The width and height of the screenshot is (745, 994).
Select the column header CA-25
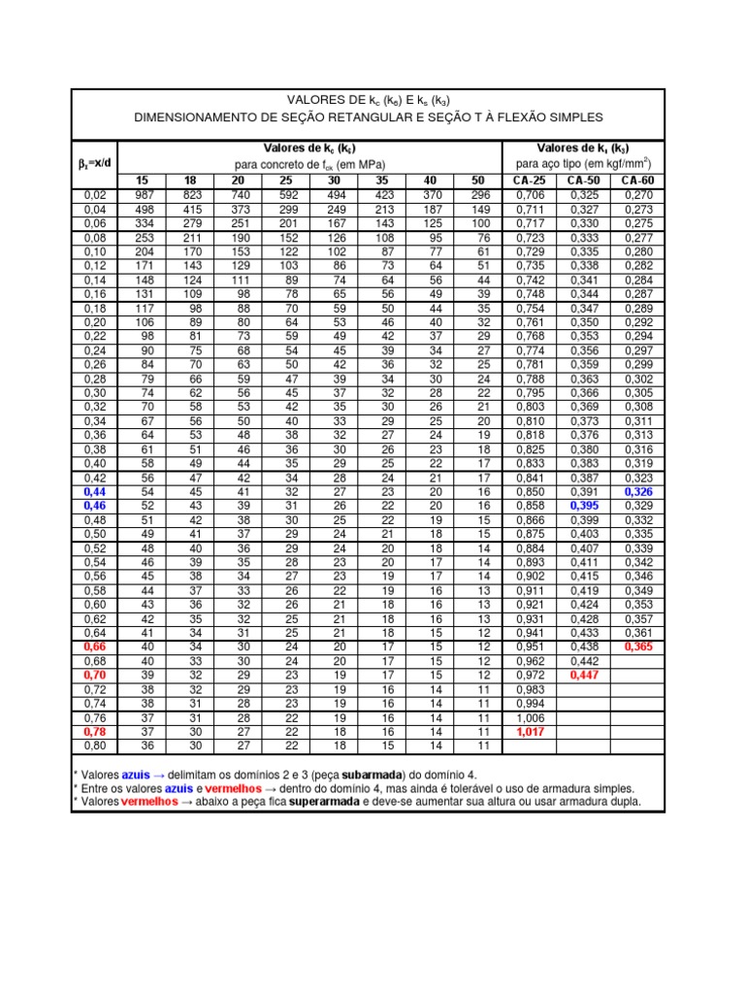coord(529,181)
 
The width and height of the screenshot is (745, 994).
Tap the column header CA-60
coord(637,181)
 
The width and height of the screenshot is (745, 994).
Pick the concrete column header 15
coord(142,181)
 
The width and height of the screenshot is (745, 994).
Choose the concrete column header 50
coord(477,181)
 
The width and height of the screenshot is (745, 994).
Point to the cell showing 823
coord(193,195)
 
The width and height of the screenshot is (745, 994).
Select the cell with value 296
coord(481,195)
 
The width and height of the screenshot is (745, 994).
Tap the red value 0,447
coord(584,674)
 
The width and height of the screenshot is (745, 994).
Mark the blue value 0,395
coord(584,506)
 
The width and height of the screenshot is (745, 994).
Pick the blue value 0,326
coord(639,492)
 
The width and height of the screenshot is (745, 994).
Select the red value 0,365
coord(639,646)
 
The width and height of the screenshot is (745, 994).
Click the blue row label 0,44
coord(95,492)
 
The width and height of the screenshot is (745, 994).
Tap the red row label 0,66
coord(95,646)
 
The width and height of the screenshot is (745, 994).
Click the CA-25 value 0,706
coord(530,195)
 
